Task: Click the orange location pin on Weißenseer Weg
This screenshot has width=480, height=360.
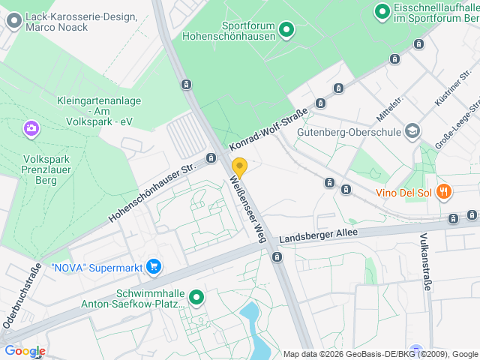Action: coord(239,166)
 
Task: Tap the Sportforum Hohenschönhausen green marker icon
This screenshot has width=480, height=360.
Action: coord(286,30)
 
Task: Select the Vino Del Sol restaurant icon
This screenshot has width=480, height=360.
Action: coord(444,191)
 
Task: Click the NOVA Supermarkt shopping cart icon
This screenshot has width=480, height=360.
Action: coord(154,266)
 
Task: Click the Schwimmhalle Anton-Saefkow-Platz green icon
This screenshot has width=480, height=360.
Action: coord(196,298)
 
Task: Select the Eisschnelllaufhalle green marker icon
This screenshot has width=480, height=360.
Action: coord(382,11)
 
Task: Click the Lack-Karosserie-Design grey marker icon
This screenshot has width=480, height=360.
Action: coord(13,21)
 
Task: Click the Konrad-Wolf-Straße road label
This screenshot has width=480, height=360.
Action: coord(268,127)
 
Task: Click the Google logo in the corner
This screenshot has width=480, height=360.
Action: coord(25,351)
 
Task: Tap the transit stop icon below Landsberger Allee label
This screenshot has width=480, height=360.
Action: coord(277,257)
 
